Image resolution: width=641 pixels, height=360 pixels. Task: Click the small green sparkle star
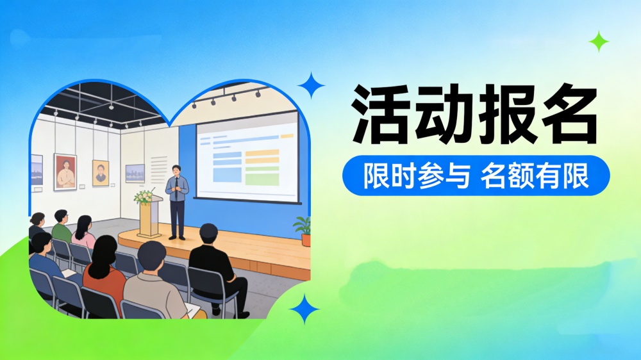[x=599, y=42]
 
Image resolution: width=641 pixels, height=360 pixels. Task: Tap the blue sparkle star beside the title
[x=312, y=85]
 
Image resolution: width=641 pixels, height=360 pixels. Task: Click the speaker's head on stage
[x=176, y=170]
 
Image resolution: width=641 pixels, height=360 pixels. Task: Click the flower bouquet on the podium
[x=144, y=197]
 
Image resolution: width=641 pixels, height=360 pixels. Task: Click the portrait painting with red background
[x=65, y=172]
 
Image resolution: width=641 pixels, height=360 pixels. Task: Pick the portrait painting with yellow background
[x=101, y=173]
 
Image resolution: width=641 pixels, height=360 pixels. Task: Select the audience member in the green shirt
[x=61, y=227]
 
